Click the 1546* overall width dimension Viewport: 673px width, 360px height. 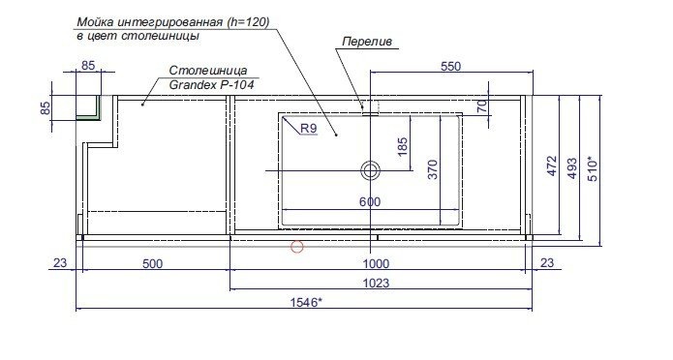[x=306, y=303]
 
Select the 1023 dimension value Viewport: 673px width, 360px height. [x=376, y=284]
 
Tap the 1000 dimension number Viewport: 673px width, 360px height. [x=376, y=264]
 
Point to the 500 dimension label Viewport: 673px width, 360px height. [x=152, y=264]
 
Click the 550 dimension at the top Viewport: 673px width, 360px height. [x=450, y=67]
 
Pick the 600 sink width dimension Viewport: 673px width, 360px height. [x=370, y=202]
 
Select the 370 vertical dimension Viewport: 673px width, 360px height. [x=433, y=169]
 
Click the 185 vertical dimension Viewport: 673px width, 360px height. [x=403, y=147]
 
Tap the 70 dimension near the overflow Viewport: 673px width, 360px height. [x=482, y=106]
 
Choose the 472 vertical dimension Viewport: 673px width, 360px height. [x=552, y=166]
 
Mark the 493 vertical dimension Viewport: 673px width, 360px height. [x=572, y=168]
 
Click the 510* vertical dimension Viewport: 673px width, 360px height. [x=593, y=169]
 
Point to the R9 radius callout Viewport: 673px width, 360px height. [x=309, y=129]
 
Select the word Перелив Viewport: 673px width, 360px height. [x=367, y=42]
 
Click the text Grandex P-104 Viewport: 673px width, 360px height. [x=212, y=85]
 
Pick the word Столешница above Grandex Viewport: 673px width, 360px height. [x=208, y=71]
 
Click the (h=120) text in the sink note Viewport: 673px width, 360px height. [x=247, y=22]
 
